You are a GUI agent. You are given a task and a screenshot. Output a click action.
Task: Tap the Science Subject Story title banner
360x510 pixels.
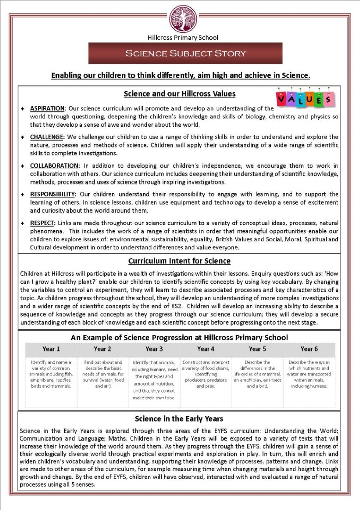pos(185,53)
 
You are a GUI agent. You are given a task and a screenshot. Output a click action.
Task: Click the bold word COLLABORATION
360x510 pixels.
pos(55,166)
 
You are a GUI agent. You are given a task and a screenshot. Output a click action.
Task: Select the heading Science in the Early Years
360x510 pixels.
pos(179,419)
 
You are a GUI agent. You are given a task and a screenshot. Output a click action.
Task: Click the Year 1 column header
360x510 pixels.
pos(51,349)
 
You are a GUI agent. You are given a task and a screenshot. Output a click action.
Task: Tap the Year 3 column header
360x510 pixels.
pos(154,349)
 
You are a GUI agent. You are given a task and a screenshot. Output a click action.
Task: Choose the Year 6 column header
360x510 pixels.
pos(309,349)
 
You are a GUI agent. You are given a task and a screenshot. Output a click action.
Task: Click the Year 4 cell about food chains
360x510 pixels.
pos(206,374)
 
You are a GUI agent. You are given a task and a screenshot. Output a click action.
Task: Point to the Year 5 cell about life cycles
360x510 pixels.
pos(257,374)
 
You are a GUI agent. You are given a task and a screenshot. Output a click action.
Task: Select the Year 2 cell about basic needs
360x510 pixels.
pos(103,374)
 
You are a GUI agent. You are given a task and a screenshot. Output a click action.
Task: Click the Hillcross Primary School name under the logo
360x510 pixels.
pos(183,37)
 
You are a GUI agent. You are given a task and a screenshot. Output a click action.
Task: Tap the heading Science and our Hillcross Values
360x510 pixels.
pos(180,94)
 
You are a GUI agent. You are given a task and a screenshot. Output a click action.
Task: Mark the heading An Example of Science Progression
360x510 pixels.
pos(179,338)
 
